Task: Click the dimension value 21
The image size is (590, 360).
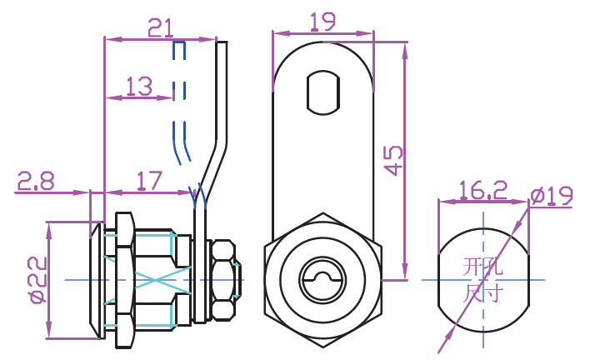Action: (160, 27)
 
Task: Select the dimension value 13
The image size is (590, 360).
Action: (139, 86)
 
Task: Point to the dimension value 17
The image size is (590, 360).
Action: (147, 181)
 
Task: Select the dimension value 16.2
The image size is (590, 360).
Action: (482, 191)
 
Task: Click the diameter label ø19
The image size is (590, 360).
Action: (552, 197)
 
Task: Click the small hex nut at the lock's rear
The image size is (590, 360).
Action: (223, 280)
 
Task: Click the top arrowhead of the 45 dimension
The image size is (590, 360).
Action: (405, 48)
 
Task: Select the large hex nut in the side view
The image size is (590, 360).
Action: (125, 280)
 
